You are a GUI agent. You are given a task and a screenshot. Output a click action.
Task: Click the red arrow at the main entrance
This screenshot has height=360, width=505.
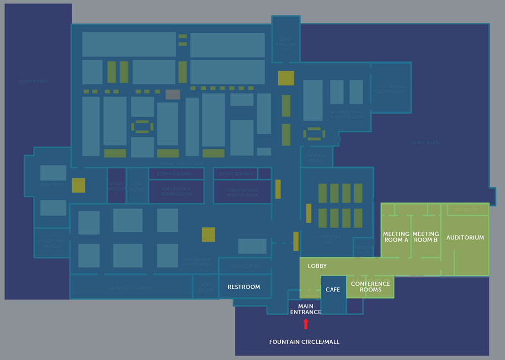coord(306,324)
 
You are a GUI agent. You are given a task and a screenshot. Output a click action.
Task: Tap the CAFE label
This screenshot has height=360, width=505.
coord(333,290)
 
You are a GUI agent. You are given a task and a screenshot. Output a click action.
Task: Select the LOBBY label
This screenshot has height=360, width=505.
coord(317,266)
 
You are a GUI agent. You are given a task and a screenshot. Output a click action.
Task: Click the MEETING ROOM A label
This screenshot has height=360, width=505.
coord(396,237)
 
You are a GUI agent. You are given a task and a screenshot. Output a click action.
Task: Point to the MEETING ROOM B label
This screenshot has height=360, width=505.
coord(425,237)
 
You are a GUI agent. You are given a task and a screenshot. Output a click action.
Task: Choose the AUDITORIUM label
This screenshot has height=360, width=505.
coord(465,237)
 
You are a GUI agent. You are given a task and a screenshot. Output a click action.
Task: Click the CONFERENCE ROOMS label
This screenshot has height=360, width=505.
coord(370,287)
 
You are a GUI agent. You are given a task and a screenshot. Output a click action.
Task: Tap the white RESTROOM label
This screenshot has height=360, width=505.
coord(244,287)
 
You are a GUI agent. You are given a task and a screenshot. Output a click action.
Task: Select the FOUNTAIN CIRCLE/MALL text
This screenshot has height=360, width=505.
coord(304,342)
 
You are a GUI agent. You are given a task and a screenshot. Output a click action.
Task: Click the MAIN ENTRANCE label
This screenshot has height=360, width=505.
coord(306,309)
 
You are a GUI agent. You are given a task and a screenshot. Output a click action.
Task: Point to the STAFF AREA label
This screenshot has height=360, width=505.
coord(425,143)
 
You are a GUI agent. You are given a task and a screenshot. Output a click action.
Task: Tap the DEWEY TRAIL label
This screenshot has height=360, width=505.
coord(34,81)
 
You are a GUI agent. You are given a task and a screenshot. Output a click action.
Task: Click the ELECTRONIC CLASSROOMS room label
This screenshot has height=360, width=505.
coord(390,89)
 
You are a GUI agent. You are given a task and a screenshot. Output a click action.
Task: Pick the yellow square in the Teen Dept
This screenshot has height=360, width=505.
coord(78,185)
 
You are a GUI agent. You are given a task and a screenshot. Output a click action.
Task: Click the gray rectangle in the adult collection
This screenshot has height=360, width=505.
coord(173,94)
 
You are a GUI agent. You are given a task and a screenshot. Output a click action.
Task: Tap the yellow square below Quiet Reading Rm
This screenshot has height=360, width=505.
coord(286,78)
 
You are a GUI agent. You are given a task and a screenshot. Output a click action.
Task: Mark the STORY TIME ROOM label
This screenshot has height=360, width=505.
coord(52,243)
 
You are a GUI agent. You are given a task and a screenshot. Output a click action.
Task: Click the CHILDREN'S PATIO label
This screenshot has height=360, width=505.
coord(130,288)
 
